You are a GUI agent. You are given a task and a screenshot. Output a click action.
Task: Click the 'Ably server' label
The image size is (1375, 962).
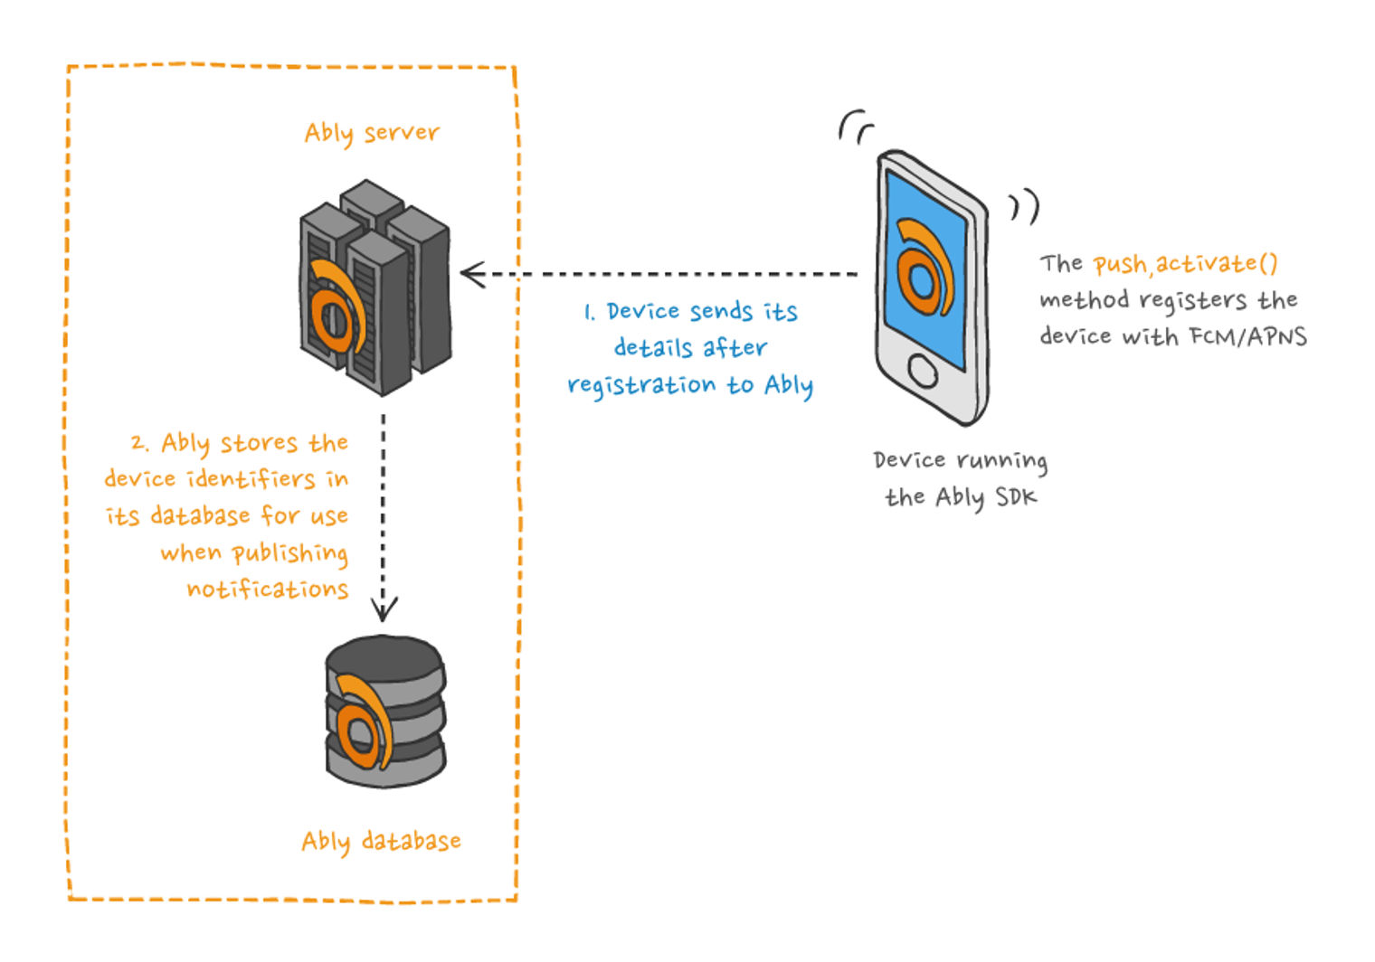click(x=372, y=134)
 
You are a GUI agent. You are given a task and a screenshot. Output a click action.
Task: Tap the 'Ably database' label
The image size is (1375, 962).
click(x=381, y=841)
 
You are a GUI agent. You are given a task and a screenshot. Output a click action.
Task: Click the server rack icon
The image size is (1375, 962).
click(x=375, y=288)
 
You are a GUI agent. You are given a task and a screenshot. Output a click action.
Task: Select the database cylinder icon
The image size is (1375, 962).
click(x=385, y=712)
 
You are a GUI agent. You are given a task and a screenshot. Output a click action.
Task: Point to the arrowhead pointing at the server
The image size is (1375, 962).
click(x=472, y=274)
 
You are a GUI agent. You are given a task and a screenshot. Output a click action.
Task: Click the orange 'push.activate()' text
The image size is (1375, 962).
click(x=1185, y=264)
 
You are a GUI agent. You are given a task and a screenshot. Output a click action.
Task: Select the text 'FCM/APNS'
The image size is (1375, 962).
click(x=1248, y=336)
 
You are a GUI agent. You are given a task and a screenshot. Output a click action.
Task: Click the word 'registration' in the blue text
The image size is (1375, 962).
click(x=641, y=386)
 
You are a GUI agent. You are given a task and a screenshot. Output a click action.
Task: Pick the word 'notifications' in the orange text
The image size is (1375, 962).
click(x=268, y=589)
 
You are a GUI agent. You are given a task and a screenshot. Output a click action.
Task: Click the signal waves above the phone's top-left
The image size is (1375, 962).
click(x=855, y=127)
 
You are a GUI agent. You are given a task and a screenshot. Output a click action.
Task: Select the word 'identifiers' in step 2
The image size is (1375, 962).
click(x=251, y=479)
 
